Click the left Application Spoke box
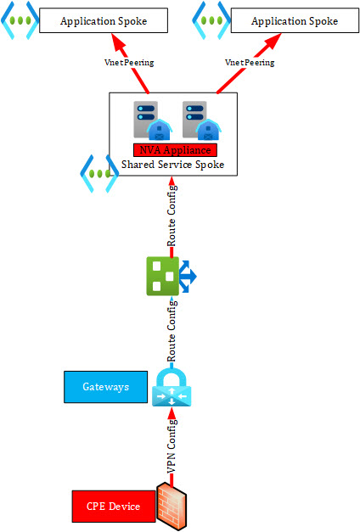click(x=104, y=20)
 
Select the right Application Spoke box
click(x=295, y=20)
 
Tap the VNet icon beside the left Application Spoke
click(x=20, y=20)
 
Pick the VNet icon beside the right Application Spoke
click(x=211, y=20)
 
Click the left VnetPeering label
click(x=129, y=63)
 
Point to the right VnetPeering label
click(x=250, y=63)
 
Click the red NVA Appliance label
click(x=175, y=150)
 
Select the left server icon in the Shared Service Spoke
click(x=153, y=120)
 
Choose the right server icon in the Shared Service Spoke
click(x=202, y=120)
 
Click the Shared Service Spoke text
click(x=173, y=165)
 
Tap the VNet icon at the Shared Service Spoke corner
click(x=99, y=174)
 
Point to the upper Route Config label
click(x=172, y=216)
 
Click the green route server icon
click(x=172, y=276)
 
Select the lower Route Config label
click(x=172, y=331)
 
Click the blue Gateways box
click(x=105, y=387)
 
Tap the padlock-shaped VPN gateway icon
click(x=172, y=387)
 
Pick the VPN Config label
click(x=172, y=446)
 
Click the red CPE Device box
click(x=114, y=507)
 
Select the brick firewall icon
click(x=172, y=507)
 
